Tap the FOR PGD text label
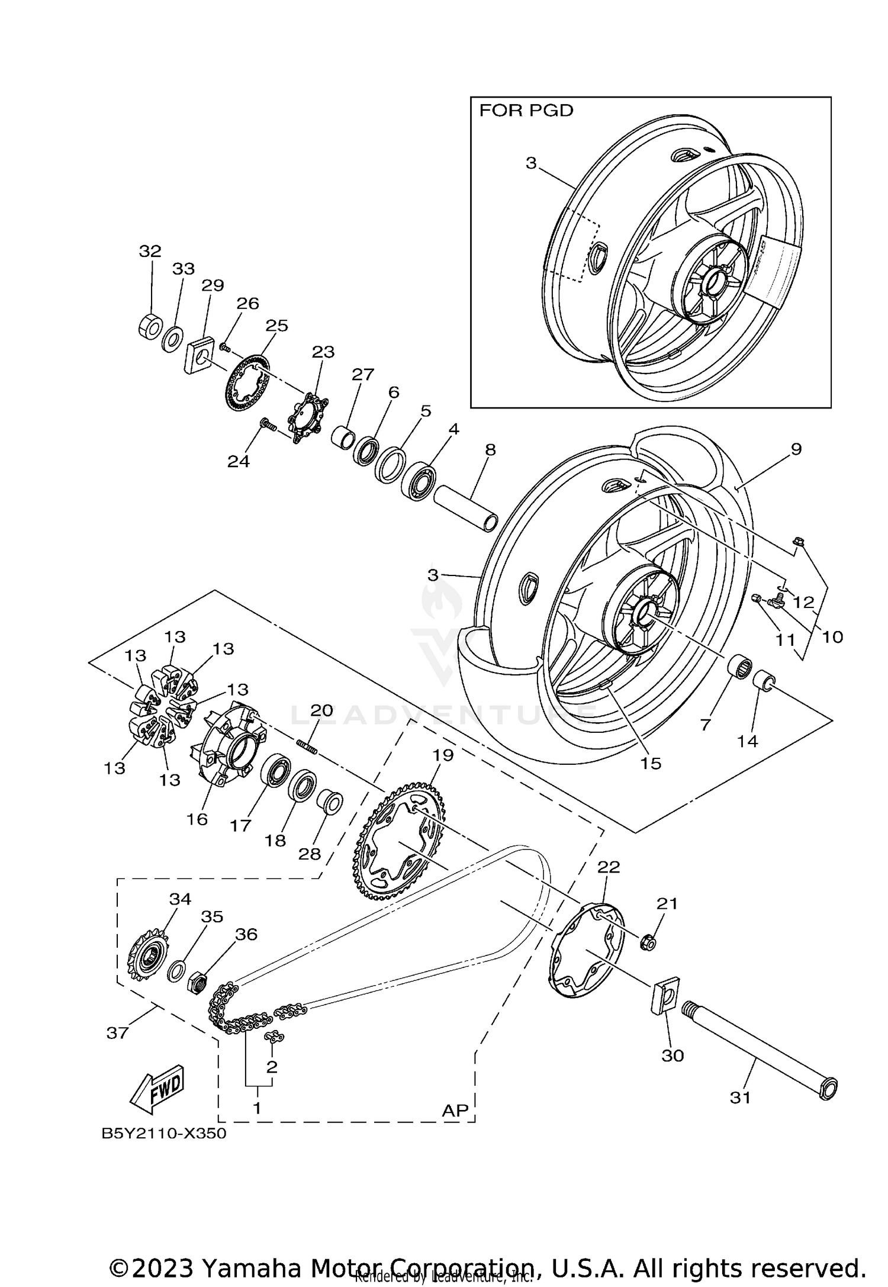[x=526, y=111]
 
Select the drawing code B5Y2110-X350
[x=164, y=1134]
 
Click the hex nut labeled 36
[x=197, y=984]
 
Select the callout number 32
[x=150, y=251]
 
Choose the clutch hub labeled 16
[x=229, y=744]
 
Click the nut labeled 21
[x=648, y=941]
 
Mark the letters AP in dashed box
[x=455, y=1110]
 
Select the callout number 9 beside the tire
[x=796, y=449]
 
